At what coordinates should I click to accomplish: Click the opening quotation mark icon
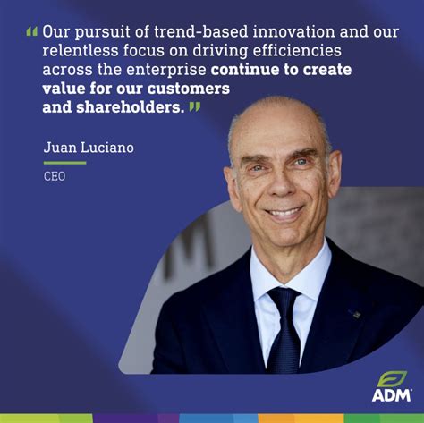coord(31,31)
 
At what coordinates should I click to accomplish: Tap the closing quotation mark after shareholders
coord(194,107)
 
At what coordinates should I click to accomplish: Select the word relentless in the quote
coord(82,50)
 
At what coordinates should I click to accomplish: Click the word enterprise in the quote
coord(167,70)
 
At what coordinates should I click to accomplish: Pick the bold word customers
coord(191,89)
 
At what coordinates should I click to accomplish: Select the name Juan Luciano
coord(89,147)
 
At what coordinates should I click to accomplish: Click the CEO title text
coord(55,176)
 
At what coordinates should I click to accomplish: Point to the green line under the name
coord(64,163)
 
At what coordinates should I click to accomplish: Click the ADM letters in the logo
coord(392,394)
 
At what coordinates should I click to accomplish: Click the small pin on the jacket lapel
coord(355,314)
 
